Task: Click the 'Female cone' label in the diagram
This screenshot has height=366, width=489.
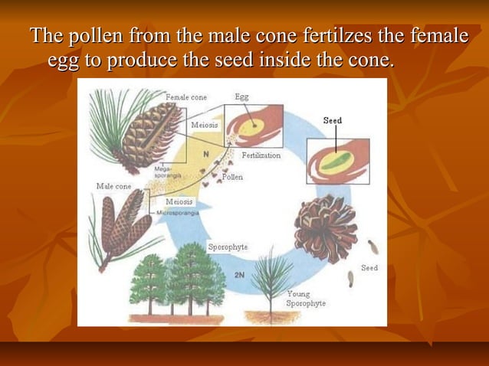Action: click(187, 98)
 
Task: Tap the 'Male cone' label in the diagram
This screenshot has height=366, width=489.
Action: click(113, 186)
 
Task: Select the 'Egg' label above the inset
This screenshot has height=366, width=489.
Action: click(241, 97)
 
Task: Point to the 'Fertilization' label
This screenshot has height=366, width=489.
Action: click(261, 155)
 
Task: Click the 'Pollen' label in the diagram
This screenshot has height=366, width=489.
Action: click(232, 177)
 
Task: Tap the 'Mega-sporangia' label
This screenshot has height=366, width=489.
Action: click(164, 172)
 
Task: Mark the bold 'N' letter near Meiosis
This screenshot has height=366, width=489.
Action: click(205, 154)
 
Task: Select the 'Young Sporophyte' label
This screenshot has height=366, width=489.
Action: click(305, 299)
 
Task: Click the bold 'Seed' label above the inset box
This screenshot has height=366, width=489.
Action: click(332, 121)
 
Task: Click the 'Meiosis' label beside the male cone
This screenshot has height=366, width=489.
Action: click(179, 201)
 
